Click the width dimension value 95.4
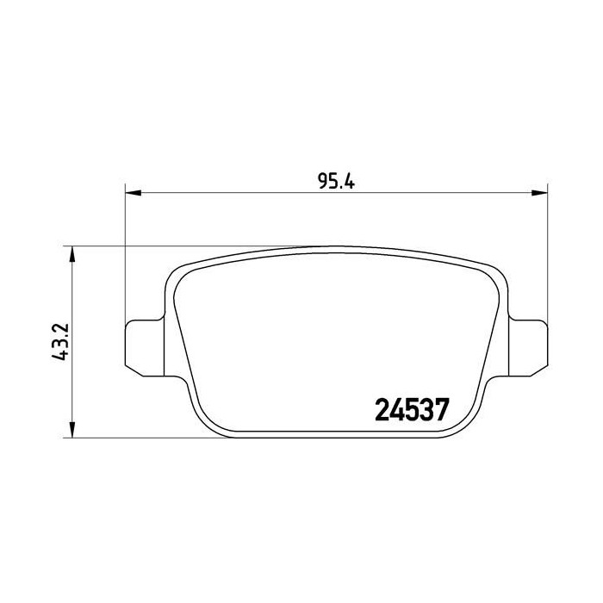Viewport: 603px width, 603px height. pyautogui.click(x=337, y=181)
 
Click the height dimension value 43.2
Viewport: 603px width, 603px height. pyautogui.click(x=60, y=341)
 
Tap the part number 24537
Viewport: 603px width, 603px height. pyautogui.click(x=412, y=410)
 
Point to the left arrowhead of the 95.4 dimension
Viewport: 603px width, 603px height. pyautogui.click(x=134, y=193)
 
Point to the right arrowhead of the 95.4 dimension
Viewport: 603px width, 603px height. pyautogui.click(x=539, y=193)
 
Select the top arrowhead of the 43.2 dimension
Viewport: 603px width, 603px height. pyautogui.click(x=71, y=254)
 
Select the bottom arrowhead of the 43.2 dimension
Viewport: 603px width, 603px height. pyautogui.click(x=71, y=429)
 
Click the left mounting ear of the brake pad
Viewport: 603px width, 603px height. pyautogui.click(x=145, y=348)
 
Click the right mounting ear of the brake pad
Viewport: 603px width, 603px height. pyautogui.click(x=528, y=348)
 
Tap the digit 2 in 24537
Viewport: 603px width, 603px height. pyautogui.click(x=382, y=410)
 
